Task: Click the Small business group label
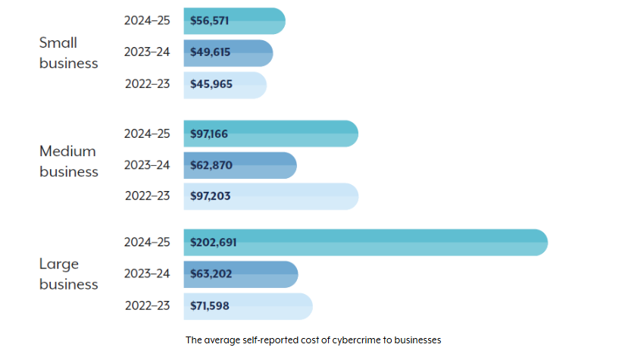tap(68, 53)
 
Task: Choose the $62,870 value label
tap(211, 165)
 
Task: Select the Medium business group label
tap(68, 161)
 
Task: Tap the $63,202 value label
tap(211, 274)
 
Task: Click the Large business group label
tap(68, 274)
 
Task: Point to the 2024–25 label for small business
tap(147, 21)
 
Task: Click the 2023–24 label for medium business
tap(147, 165)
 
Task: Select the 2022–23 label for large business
tap(147, 306)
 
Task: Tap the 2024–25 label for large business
tap(147, 243)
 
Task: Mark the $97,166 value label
tap(209, 133)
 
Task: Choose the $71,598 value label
tap(210, 306)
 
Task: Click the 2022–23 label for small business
tap(147, 84)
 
